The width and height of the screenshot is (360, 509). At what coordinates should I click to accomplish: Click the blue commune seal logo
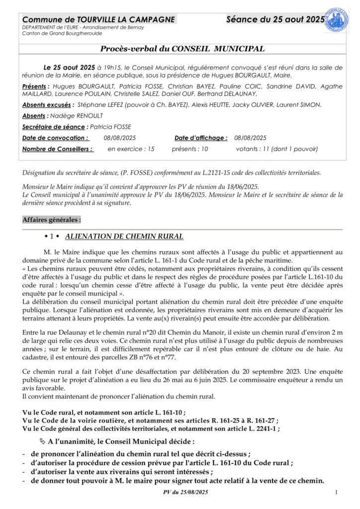(336, 20)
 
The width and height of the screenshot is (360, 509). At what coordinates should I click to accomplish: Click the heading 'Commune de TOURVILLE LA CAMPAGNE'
(98, 19)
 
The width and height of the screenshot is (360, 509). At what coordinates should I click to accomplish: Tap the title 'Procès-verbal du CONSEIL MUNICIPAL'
(182, 49)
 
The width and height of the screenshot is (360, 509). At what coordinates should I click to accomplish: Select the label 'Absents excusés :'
(48, 105)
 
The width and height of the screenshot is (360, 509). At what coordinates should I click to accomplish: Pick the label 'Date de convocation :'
(55, 138)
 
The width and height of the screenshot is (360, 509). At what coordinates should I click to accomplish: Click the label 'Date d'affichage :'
(201, 138)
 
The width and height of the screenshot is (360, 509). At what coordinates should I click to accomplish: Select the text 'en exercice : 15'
(131, 149)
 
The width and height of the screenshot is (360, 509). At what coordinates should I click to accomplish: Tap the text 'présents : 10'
(189, 149)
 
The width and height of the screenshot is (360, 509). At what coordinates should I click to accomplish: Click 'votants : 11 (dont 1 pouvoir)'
(276, 149)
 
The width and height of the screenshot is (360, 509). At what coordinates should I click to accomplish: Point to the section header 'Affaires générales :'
(52, 220)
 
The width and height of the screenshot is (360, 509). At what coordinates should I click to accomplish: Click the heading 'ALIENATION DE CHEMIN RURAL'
(124, 237)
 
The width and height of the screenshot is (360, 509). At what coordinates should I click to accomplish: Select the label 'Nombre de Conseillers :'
(58, 149)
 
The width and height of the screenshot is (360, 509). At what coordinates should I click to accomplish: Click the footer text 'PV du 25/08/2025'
(185, 492)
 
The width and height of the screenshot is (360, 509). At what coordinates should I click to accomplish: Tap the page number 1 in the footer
(337, 492)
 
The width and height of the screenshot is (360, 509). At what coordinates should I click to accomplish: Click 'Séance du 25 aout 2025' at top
(275, 19)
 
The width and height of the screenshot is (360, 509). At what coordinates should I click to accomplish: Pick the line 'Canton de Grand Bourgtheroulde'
(62, 34)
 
